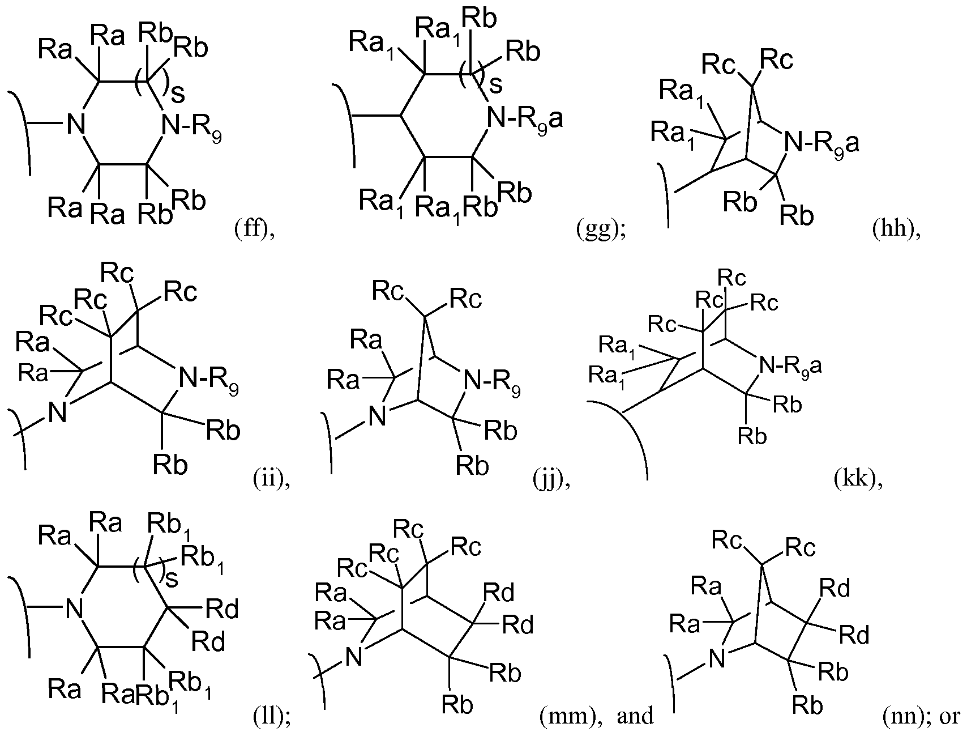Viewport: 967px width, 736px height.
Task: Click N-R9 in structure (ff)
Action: click(191, 125)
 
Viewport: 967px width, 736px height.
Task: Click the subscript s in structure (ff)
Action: click(177, 95)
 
